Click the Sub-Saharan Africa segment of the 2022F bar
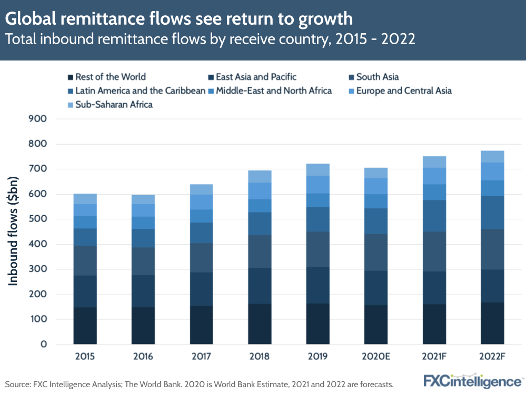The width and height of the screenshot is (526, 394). coord(492,157)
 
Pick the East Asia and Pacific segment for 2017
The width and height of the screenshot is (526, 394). coord(201,289)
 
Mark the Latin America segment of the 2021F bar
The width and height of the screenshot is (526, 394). coord(434,216)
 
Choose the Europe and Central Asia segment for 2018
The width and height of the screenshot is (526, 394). coord(260,191)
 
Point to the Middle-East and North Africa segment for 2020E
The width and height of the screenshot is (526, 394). coord(376,201)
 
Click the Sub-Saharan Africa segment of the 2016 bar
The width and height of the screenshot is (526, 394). coord(143,200)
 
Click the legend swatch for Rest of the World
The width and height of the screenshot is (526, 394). coord(71,77)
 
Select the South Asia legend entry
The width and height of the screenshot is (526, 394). coord(377,77)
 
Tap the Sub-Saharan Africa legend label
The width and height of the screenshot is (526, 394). coord(114,105)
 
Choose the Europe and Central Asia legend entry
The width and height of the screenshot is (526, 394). coord(403,91)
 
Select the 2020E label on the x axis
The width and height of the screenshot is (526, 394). coord(376,357)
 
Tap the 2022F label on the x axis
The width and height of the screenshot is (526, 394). coord(492,357)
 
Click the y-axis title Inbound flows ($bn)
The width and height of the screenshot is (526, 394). coord(14,232)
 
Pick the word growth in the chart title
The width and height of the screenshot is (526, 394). coord(325,19)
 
